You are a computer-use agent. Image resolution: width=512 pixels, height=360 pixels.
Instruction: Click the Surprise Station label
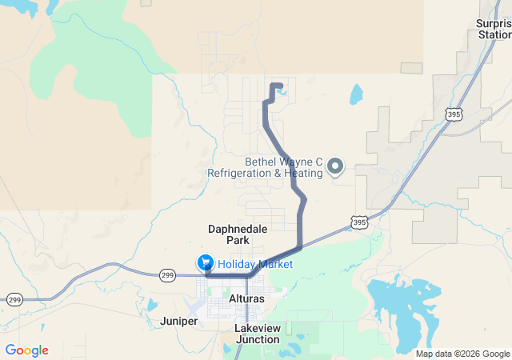click(x=493, y=29)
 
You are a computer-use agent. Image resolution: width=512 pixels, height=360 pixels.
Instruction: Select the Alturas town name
click(x=246, y=298)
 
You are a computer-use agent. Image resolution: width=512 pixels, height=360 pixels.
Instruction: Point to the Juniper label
click(x=178, y=321)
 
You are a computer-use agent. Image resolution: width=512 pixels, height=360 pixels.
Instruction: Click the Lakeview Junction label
click(x=258, y=334)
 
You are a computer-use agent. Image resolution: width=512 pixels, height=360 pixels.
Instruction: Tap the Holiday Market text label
click(x=255, y=264)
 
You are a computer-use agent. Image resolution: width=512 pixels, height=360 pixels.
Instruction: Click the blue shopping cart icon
click(x=206, y=263)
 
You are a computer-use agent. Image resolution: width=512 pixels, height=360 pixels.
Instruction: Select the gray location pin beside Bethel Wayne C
click(x=336, y=166)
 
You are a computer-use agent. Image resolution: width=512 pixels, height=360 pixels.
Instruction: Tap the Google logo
click(x=26, y=350)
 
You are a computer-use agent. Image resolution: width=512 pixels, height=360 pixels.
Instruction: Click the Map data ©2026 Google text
click(x=462, y=354)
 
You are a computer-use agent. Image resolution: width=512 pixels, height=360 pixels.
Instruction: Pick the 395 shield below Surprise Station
click(x=454, y=114)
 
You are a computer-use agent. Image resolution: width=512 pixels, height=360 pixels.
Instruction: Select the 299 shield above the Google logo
click(x=14, y=299)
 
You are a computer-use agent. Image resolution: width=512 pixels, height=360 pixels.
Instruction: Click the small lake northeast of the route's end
click(x=355, y=95)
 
